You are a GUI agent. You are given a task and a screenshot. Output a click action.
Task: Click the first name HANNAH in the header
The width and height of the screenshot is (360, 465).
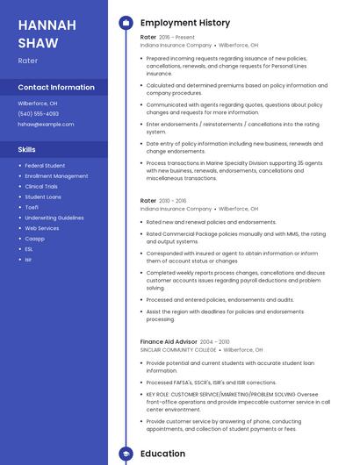47,25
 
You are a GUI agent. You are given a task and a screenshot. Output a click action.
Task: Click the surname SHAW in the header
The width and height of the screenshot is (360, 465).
38,43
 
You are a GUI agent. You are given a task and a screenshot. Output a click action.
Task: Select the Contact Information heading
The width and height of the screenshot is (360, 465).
56,87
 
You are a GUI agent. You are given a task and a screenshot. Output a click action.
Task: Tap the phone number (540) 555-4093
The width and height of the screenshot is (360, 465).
39,113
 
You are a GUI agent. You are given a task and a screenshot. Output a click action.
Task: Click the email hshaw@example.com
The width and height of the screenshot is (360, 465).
46,125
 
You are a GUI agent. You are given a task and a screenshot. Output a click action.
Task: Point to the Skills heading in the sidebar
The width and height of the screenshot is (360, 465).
26,149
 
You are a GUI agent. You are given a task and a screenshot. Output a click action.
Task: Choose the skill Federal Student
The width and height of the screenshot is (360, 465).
45,165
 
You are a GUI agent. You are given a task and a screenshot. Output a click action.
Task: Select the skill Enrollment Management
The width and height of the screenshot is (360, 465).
56,175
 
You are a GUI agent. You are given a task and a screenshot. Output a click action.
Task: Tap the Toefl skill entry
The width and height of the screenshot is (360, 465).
32,207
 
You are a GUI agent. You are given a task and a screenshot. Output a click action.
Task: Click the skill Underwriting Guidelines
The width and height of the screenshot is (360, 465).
54,218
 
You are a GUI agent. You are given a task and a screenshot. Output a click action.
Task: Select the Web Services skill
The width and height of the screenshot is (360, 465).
42,228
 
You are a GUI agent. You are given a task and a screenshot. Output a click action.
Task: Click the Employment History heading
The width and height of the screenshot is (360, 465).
185,23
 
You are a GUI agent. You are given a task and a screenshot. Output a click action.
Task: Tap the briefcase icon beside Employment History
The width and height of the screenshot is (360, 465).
126,23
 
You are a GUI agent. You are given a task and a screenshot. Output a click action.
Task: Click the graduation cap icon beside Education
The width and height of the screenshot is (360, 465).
126,454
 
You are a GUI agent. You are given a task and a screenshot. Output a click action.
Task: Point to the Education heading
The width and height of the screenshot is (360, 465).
162,454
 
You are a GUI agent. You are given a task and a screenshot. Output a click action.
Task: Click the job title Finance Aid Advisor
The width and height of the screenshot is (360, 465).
168,341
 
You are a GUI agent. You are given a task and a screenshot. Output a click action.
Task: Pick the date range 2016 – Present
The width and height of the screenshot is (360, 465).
178,37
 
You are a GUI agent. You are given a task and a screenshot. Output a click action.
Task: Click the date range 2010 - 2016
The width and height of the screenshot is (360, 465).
173,201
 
